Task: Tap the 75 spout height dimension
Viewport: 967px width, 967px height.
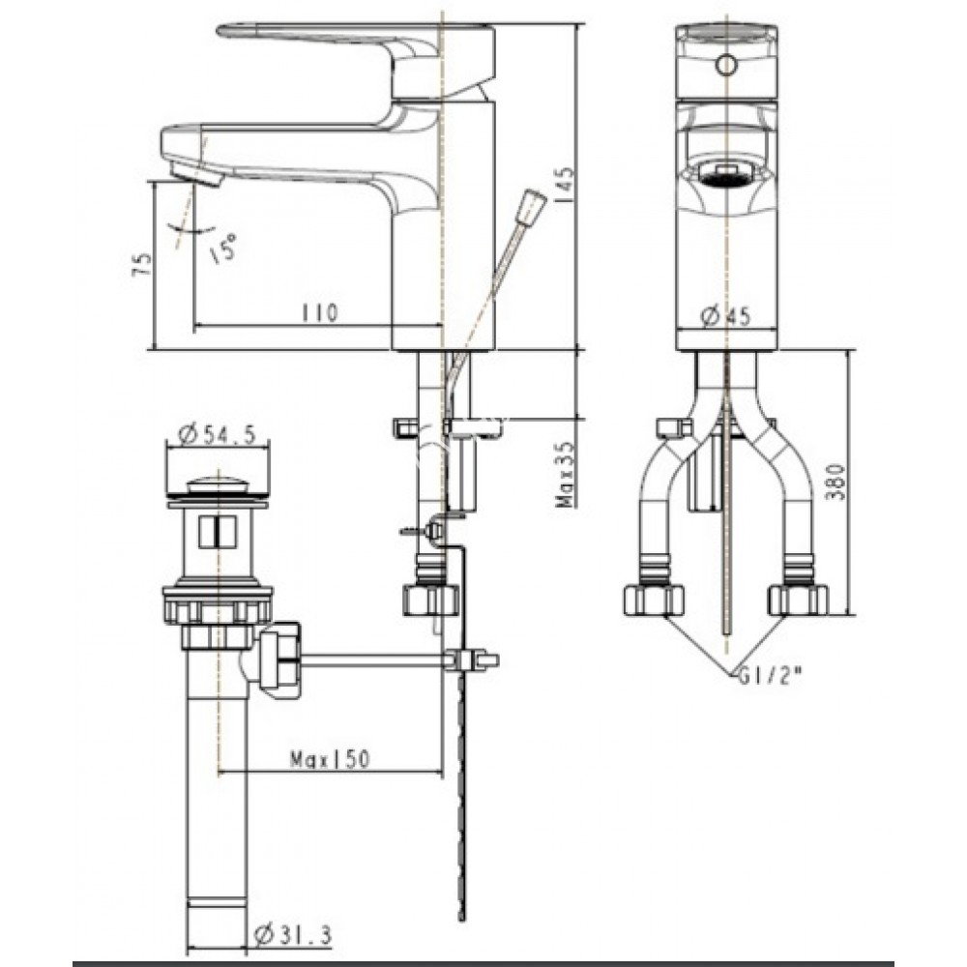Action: pyautogui.click(x=142, y=265)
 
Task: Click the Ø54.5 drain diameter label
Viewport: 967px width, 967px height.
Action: pyautogui.click(x=217, y=436)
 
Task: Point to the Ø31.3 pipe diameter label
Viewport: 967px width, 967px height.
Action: pyautogui.click(x=291, y=935)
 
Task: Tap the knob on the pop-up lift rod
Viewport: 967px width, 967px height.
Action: pyautogui.click(x=531, y=208)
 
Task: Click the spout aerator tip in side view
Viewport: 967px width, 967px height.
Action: pyautogui.click(x=197, y=177)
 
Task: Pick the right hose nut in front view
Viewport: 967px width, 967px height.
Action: pyautogui.click(x=798, y=600)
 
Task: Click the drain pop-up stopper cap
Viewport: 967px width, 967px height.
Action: pyautogui.click(x=216, y=483)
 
